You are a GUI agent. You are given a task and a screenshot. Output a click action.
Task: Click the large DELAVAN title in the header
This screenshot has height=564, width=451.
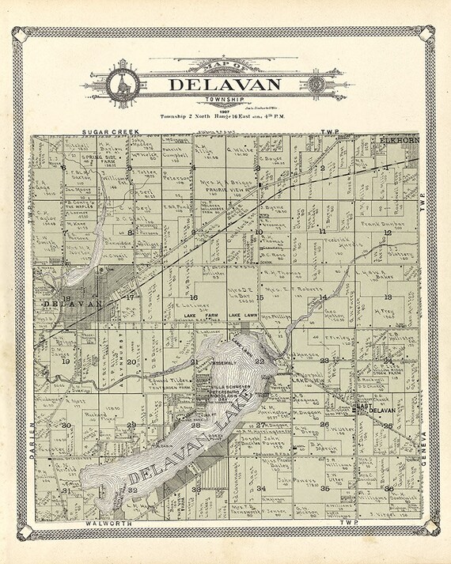pos(225,84)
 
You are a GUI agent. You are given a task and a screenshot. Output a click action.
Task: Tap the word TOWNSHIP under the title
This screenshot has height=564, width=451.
pos(225,99)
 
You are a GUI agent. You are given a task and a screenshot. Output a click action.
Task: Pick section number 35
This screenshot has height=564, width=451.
pos(325,489)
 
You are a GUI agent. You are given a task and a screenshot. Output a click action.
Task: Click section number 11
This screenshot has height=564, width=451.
pos(323,231)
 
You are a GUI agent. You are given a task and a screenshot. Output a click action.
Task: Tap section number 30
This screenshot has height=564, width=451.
pos(67,426)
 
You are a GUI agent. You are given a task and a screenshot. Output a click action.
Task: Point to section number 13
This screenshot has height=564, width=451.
pos(388,296)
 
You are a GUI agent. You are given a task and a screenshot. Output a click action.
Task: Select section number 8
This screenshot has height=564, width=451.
pos(130,233)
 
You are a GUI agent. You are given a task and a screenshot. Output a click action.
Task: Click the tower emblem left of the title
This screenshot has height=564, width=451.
pos(123,82)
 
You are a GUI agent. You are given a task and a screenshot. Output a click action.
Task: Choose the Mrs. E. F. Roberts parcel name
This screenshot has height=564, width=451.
pos(290,290)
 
